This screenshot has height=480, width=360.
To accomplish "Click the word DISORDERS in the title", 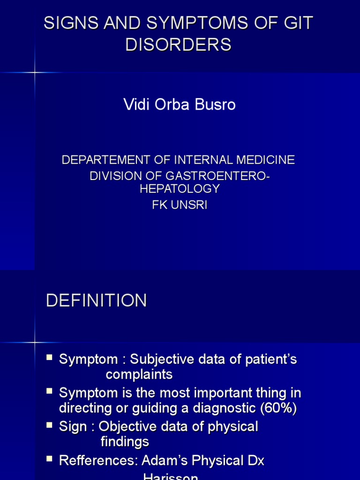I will (179, 45).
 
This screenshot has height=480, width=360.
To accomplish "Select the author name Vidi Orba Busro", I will (180, 105).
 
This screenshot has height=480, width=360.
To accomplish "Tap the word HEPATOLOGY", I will (180, 188).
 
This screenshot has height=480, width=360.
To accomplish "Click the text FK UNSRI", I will (180, 205).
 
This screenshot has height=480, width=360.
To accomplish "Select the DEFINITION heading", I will (97, 300).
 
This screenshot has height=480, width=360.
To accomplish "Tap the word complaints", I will (139, 375).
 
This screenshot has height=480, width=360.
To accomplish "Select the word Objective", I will (130, 427).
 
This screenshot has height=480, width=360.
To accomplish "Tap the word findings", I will (125, 442).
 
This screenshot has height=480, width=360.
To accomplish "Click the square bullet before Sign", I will (49, 425).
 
